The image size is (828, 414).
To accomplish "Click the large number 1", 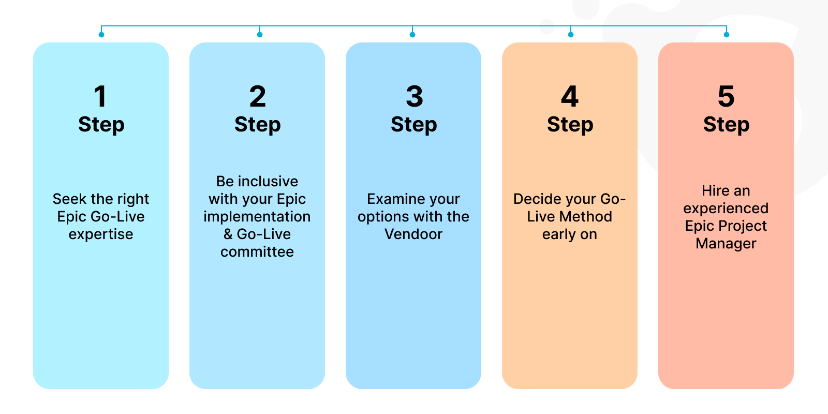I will tap(100, 97).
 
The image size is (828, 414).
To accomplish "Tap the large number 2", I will tap(257, 97).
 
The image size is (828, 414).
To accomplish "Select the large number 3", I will tap(414, 97).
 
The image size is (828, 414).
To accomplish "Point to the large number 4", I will tap(570, 97).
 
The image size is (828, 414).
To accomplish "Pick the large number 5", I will tap(726, 97).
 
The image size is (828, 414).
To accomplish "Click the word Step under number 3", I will tap(414, 125).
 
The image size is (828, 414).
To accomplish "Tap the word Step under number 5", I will tap(726, 125).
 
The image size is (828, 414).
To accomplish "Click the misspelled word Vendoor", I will tap(413, 234).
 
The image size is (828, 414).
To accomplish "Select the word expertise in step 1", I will tap(101, 234).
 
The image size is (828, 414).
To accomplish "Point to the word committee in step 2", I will tap(257, 252).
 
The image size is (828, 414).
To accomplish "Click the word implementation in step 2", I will tap(257, 217).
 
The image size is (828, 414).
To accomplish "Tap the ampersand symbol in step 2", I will tap(228, 234).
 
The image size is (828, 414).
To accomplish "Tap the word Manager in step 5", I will tap(726, 244).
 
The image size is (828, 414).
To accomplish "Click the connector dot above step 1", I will tap(101, 35).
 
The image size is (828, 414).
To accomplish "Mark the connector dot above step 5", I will tap(727, 35).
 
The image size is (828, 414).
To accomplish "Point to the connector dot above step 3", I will tap(412, 35).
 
